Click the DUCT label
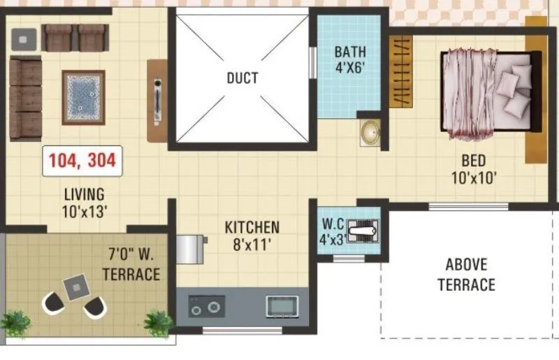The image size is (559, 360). coord(242,78)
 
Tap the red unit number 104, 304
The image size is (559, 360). coord(82,161)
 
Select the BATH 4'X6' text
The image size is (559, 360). coord(350,60)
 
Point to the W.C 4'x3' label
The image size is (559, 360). coord(333,231)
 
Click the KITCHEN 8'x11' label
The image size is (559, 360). coord(252,236)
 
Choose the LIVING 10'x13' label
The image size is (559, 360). coord(84,202)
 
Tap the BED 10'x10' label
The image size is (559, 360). coord(473,169)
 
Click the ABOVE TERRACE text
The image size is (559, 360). coord(466,275)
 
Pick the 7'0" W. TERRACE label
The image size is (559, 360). coord(131,262)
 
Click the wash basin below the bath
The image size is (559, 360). coord(370,131)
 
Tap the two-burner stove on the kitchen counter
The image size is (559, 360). coord(207,306)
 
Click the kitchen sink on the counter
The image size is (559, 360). coord(282,305)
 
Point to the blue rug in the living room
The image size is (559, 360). coord(83,97)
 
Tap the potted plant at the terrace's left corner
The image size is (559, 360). coord(15,323)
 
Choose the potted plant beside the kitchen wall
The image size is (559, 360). coord(159,323)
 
